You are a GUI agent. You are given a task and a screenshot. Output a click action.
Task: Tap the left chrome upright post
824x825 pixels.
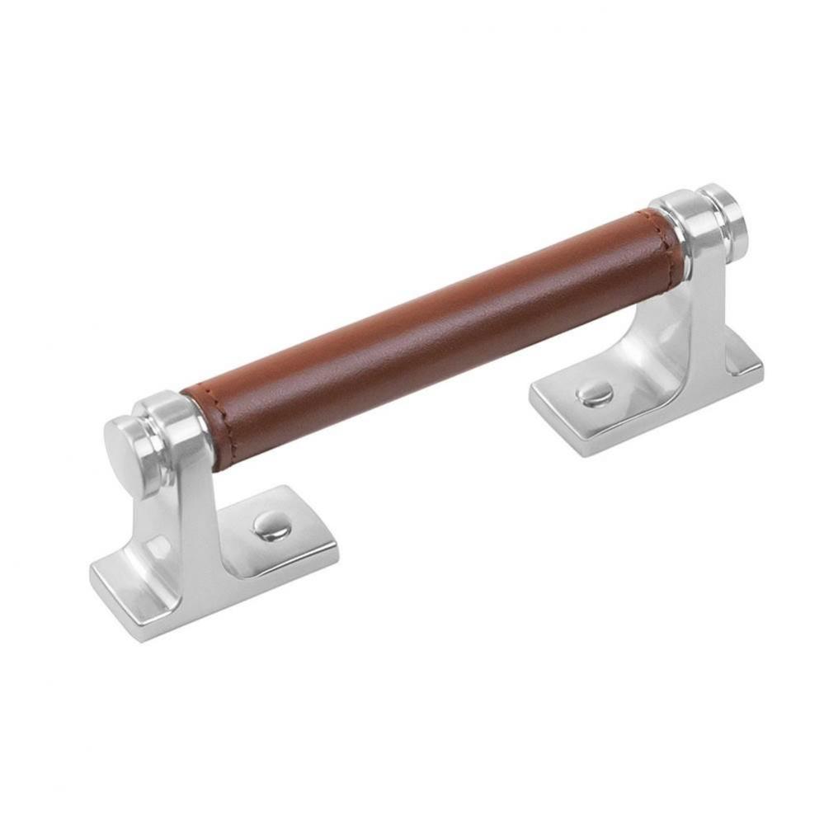(x=186, y=511)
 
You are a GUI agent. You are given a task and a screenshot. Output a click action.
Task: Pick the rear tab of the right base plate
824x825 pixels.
(x=734, y=371)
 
